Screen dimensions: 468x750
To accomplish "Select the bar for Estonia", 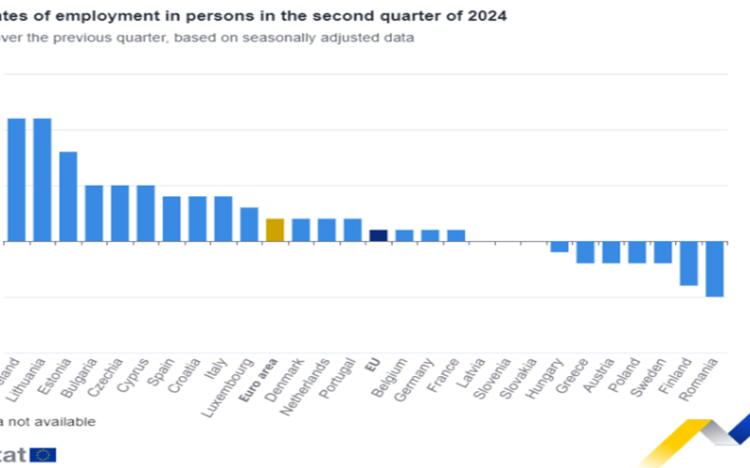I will [x=68, y=196].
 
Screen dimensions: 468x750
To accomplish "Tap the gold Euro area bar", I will [x=275, y=230].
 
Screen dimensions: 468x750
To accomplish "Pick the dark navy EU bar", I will [x=378, y=235].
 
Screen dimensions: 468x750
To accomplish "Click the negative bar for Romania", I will [x=714, y=269].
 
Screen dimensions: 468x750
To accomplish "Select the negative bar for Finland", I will [x=689, y=264].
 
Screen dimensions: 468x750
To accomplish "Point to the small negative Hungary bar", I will [x=560, y=247].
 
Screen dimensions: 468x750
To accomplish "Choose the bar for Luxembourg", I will [x=249, y=224].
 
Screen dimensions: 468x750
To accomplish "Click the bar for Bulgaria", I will [x=94, y=213].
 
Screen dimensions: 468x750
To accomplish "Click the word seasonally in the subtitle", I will [x=276, y=38].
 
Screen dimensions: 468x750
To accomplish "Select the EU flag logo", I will [x=43, y=455].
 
